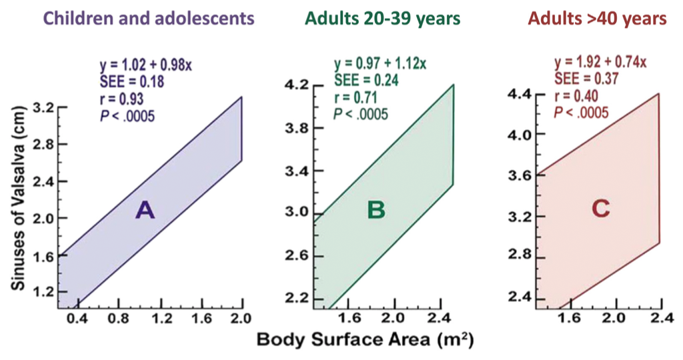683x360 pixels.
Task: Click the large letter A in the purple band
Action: point(145,211)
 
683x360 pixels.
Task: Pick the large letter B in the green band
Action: point(376,211)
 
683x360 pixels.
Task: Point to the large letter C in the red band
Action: point(600,209)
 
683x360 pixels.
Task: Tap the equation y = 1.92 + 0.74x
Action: point(600,62)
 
